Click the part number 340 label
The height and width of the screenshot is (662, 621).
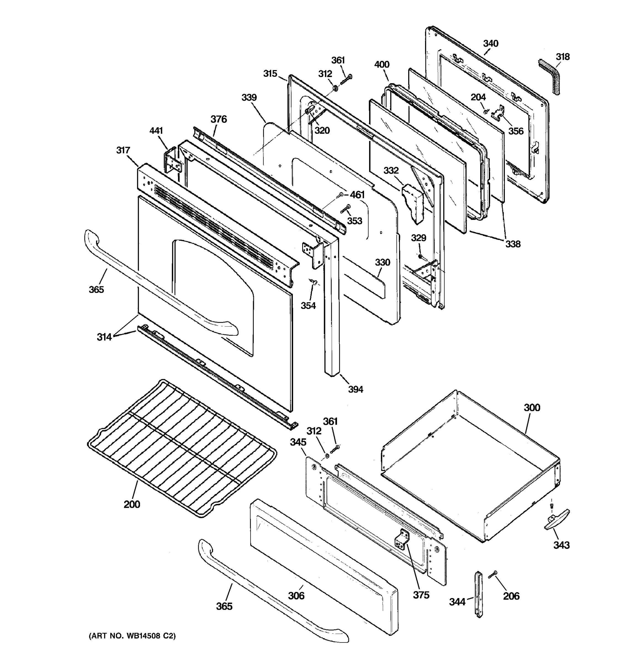pos(490,44)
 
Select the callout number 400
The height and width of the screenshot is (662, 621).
pos(381,65)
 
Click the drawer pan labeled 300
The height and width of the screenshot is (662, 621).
pos(473,466)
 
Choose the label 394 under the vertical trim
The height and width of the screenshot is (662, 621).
pos(355,389)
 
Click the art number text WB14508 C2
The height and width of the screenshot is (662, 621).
pos(132,636)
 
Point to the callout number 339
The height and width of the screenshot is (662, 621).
pos(249,98)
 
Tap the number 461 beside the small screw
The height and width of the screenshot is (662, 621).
pos(357,195)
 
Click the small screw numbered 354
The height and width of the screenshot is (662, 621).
pos(313,282)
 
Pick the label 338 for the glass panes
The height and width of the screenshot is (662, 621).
pos(513,244)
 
